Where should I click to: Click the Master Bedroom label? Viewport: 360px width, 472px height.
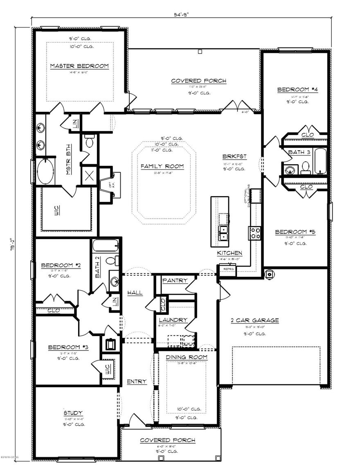point(79,66)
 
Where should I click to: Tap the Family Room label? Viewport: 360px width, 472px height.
point(162,166)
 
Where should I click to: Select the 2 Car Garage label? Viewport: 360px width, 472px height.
point(254,320)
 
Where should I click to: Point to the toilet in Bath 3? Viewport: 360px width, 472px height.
point(305,167)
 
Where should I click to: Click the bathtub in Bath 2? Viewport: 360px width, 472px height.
point(106,246)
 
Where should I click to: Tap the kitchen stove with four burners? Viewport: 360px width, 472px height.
point(255,233)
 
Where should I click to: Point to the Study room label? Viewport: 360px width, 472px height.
point(73,413)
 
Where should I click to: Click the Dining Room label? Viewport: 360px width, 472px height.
point(187,357)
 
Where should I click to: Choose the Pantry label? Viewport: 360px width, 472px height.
point(175,280)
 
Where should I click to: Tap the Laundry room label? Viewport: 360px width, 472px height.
point(173,320)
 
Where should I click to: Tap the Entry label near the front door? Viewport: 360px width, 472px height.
point(137,382)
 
